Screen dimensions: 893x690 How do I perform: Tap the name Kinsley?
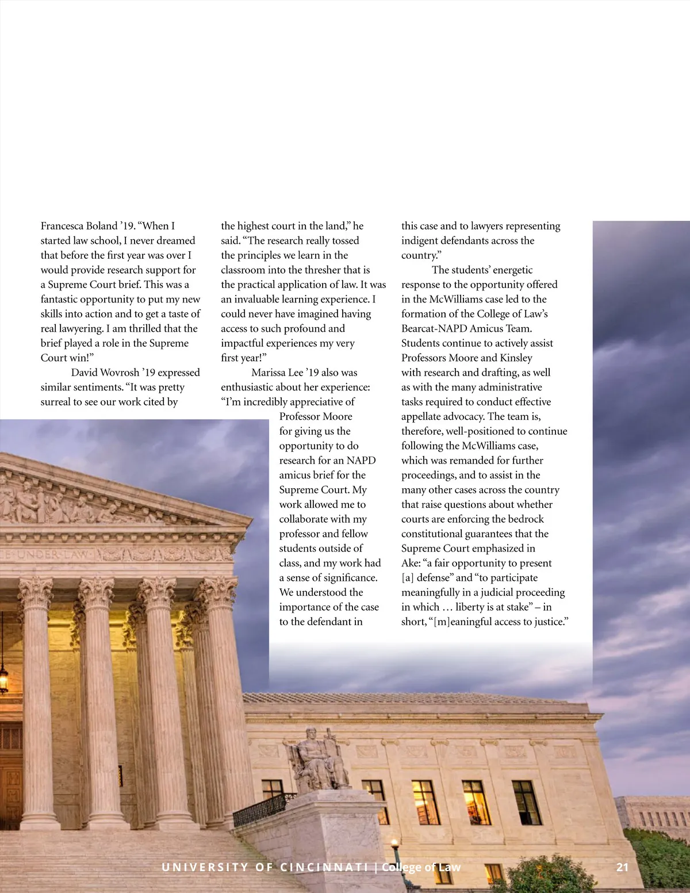pyautogui.click(x=516, y=358)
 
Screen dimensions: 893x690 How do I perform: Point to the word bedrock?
pyautogui.click(x=526, y=519)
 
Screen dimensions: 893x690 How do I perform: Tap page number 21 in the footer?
pyautogui.click(x=622, y=867)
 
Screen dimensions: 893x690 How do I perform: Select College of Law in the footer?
pyautogui.click(x=421, y=867)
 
